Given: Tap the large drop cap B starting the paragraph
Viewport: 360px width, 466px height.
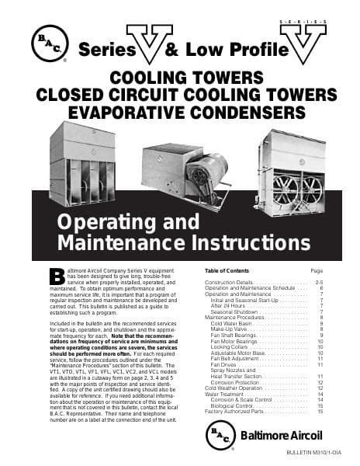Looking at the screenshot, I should click(55, 277).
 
